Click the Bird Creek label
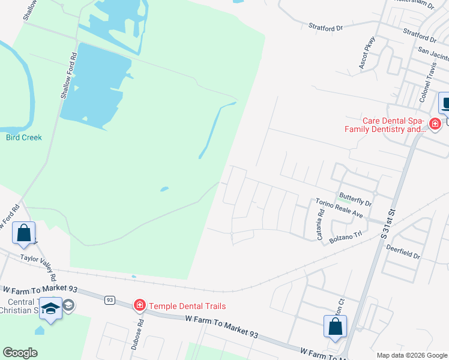(x=24, y=137)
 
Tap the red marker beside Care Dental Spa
(x=435, y=124)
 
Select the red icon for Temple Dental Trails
(x=140, y=305)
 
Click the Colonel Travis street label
(x=427, y=83)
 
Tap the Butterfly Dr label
(x=355, y=196)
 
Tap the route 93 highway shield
(x=109, y=299)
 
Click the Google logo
(x=20, y=353)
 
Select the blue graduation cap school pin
(x=51, y=308)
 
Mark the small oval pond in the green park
(x=164, y=190)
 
